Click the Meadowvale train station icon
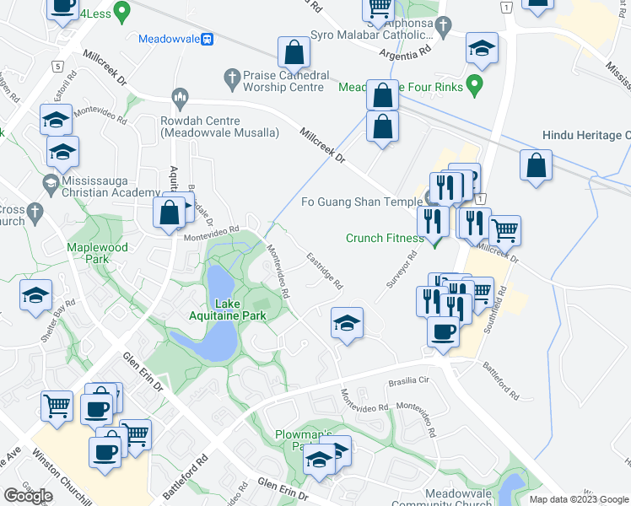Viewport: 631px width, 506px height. [x=207, y=39]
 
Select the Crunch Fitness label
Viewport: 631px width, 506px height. [x=385, y=238]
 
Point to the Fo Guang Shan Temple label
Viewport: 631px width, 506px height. [x=361, y=202]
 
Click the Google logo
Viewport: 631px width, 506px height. [x=29, y=495]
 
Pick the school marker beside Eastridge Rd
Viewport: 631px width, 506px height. [x=346, y=323]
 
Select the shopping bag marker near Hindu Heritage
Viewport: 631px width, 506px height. [x=537, y=166]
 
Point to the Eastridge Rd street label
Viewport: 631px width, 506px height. [x=324, y=271]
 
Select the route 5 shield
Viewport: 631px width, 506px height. [x=57, y=66]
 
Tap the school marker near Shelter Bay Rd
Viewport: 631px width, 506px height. [x=36, y=296]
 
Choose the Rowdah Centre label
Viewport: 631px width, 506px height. [x=219, y=127]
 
